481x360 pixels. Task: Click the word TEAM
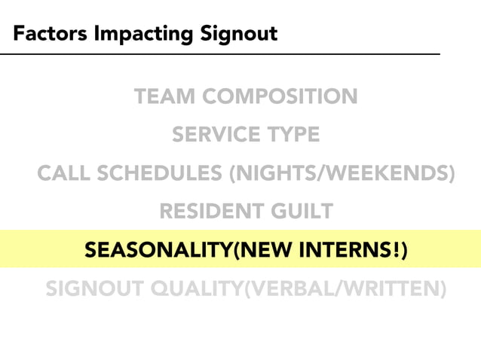(x=165, y=97)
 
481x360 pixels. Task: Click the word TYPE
(x=291, y=136)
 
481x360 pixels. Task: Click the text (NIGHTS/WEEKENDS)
(x=343, y=174)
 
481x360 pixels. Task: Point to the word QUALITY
(x=194, y=288)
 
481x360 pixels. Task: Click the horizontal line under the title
(x=219, y=54)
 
